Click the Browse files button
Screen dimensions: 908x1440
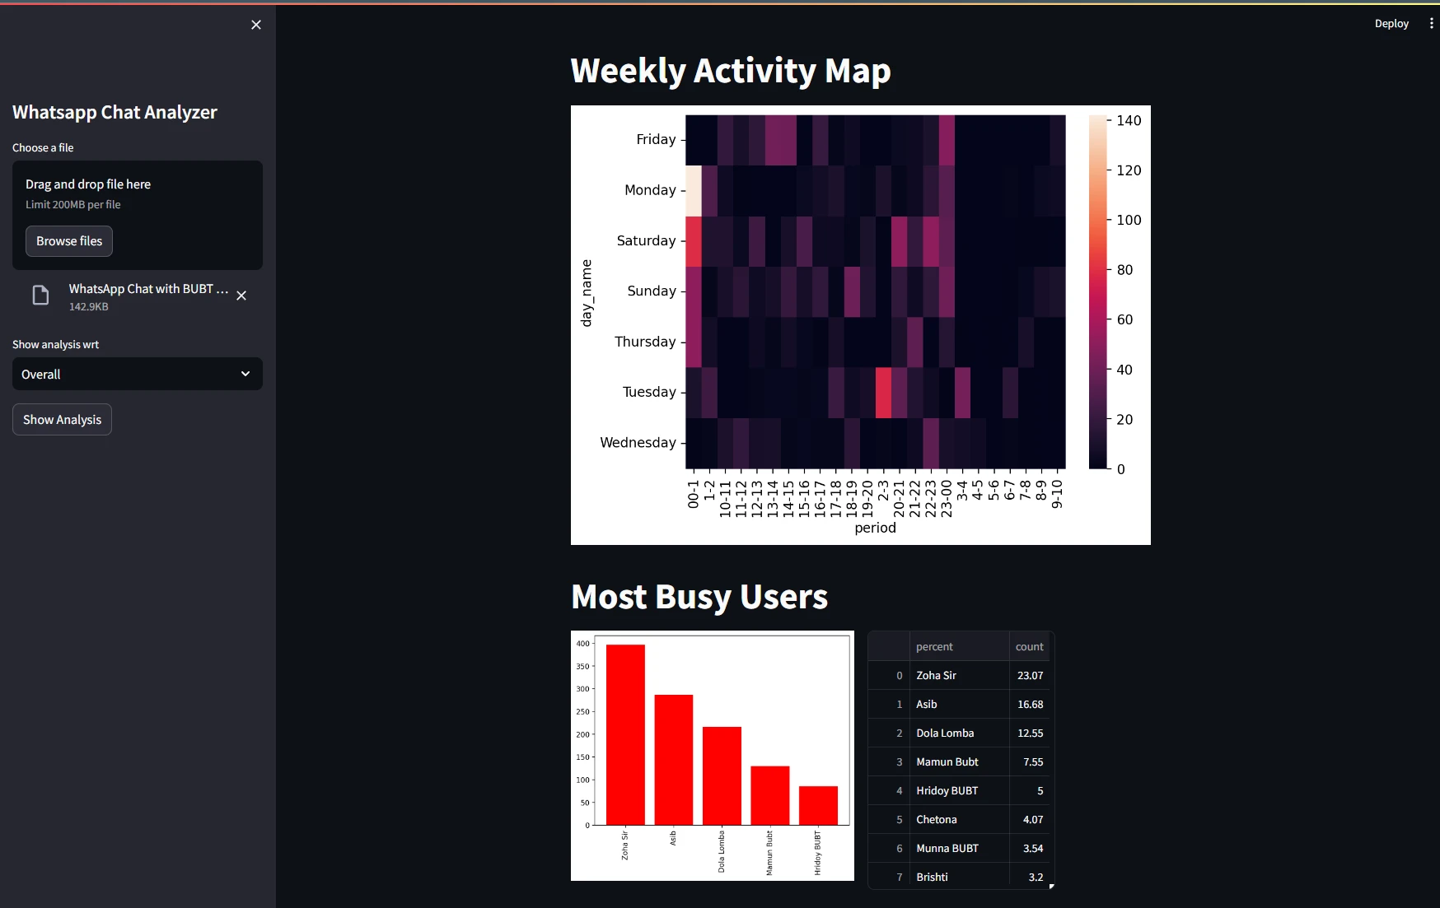pos(69,241)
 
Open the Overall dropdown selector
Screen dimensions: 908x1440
pos(137,374)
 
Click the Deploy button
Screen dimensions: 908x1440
pos(1391,24)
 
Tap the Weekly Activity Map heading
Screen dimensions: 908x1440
pos(730,71)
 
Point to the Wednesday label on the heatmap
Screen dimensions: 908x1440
pos(638,443)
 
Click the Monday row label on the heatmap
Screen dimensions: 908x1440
pos(650,190)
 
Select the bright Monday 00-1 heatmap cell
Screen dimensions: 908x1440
pos(693,190)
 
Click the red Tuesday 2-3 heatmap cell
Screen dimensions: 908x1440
pos(883,393)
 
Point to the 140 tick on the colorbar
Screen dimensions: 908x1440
pos(1128,121)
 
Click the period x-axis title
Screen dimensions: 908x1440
pos(875,528)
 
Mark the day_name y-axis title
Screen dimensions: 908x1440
pos(587,293)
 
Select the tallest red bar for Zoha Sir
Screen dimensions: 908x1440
pos(625,734)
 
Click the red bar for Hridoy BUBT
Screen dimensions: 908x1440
pos(818,805)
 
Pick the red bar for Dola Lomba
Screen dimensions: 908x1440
pos(722,775)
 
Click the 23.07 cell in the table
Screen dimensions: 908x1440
pos(1030,676)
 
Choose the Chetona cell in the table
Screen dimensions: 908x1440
pos(937,820)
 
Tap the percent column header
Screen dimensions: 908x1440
pos(934,647)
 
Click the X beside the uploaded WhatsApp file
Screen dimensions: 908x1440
pos(241,296)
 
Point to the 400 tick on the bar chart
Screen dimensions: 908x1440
pos(582,644)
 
